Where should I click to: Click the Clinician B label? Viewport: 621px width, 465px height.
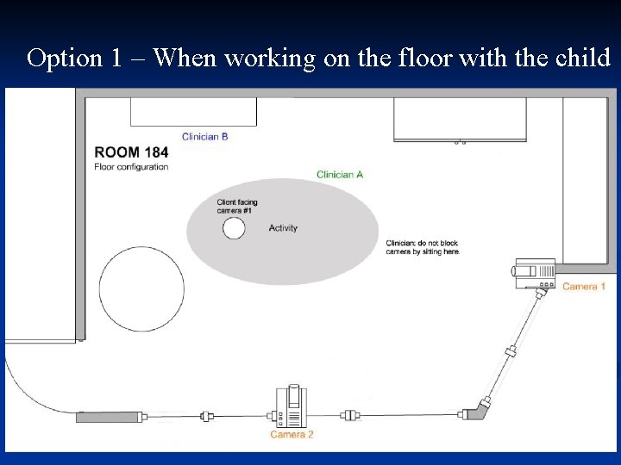tap(204, 137)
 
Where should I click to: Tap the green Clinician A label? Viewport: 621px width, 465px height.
tap(340, 175)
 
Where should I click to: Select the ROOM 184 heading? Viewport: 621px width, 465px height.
tap(131, 152)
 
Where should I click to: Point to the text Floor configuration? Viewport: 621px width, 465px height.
tap(131, 167)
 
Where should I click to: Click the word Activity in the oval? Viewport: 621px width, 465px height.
tap(283, 228)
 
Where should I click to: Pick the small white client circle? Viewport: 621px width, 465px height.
tap(234, 228)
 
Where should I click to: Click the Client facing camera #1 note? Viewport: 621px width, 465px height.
tap(237, 207)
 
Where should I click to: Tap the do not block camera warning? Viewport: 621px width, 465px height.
tap(423, 247)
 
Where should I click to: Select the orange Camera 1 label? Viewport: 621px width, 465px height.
tap(584, 286)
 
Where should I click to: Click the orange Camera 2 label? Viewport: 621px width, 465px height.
tap(292, 435)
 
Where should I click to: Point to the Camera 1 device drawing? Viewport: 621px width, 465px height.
tap(534, 273)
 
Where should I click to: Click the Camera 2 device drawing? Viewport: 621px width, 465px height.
tap(292, 406)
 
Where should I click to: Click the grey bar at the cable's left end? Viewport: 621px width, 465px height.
tap(109, 417)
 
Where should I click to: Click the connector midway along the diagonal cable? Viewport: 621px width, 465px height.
tap(511, 350)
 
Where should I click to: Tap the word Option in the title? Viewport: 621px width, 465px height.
tap(65, 58)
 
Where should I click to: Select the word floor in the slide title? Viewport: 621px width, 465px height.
tap(425, 57)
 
